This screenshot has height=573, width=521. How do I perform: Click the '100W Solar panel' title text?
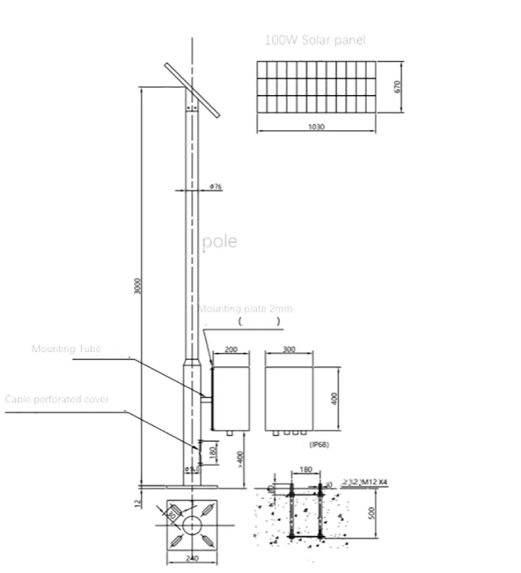[315, 41]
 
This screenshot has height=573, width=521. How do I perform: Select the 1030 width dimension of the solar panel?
[315, 127]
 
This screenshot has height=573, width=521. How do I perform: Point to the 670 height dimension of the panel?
[397, 86]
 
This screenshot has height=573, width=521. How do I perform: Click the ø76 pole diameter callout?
[215, 187]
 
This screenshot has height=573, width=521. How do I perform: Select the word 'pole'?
[220, 241]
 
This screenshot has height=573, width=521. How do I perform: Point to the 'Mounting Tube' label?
[67, 349]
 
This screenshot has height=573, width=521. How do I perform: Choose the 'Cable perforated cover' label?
[57, 400]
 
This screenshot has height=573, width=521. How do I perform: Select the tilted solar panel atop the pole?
[192, 90]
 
